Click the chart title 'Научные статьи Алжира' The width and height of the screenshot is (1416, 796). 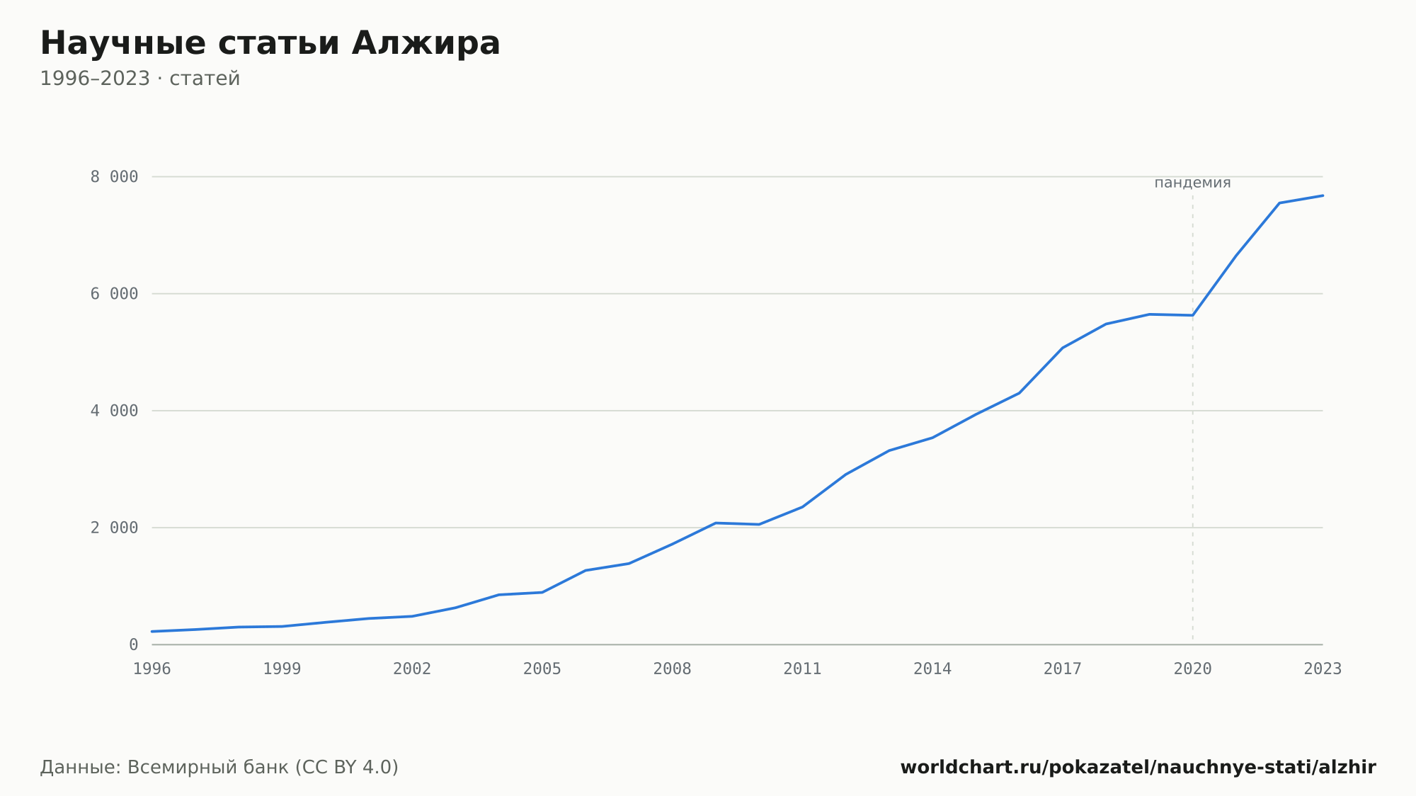[270, 44]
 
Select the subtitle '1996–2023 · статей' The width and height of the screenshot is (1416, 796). [140, 79]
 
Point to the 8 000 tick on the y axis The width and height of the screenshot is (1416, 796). [114, 177]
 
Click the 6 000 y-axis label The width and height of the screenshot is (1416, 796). [114, 294]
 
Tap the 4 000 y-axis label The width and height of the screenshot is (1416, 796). [114, 411]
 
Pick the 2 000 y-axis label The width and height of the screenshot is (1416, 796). [114, 528]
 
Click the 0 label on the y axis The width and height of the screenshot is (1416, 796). [134, 645]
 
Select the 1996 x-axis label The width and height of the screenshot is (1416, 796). [152, 669]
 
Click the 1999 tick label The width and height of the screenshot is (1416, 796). [282, 669]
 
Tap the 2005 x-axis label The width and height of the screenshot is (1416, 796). [542, 669]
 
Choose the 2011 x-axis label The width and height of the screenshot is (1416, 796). [802, 669]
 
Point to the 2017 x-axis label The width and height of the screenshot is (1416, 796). [1063, 669]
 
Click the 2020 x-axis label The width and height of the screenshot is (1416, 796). [1193, 669]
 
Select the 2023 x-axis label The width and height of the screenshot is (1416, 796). [1323, 669]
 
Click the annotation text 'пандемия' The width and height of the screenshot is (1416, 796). [1193, 183]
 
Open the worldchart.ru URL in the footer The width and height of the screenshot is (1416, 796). [1138, 768]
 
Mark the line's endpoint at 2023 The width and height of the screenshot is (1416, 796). [1323, 195]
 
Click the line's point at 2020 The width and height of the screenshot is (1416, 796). [1193, 315]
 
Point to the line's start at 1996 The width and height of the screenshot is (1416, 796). [152, 632]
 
